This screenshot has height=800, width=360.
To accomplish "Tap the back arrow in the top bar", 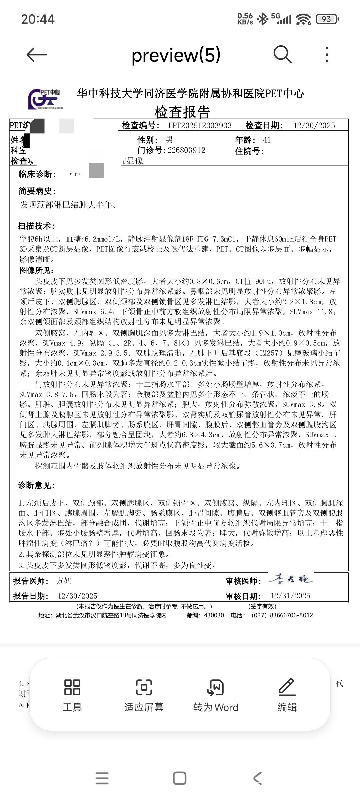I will [36, 55].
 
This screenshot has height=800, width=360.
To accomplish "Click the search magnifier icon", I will [282, 54].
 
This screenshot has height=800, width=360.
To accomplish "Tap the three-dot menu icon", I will [327, 55].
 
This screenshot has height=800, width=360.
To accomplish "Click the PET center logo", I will [44, 99].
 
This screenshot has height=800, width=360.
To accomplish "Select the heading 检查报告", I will [182, 112].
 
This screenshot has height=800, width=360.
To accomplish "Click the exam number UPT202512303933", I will [200, 126].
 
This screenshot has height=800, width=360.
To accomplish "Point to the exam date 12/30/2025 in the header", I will [314, 126].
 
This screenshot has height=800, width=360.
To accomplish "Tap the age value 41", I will [267, 140].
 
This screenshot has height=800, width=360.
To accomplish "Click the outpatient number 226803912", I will [187, 150].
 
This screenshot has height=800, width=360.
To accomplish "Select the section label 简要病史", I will [37, 191].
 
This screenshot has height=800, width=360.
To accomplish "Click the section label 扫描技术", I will [36, 226].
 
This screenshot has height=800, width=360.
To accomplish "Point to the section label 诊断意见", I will [36, 485].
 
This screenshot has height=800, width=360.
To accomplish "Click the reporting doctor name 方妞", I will [64, 581].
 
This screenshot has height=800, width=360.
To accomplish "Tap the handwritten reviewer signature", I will [291, 579].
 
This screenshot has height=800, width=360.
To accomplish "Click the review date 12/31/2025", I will [290, 596].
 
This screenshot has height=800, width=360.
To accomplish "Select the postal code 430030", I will [214, 615].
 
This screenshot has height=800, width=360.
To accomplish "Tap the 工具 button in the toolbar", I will [72, 695].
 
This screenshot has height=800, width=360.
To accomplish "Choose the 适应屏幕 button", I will [144, 695].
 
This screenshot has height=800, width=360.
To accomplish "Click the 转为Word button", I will [216, 695].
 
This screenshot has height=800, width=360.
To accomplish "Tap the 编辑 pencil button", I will [287, 695].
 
